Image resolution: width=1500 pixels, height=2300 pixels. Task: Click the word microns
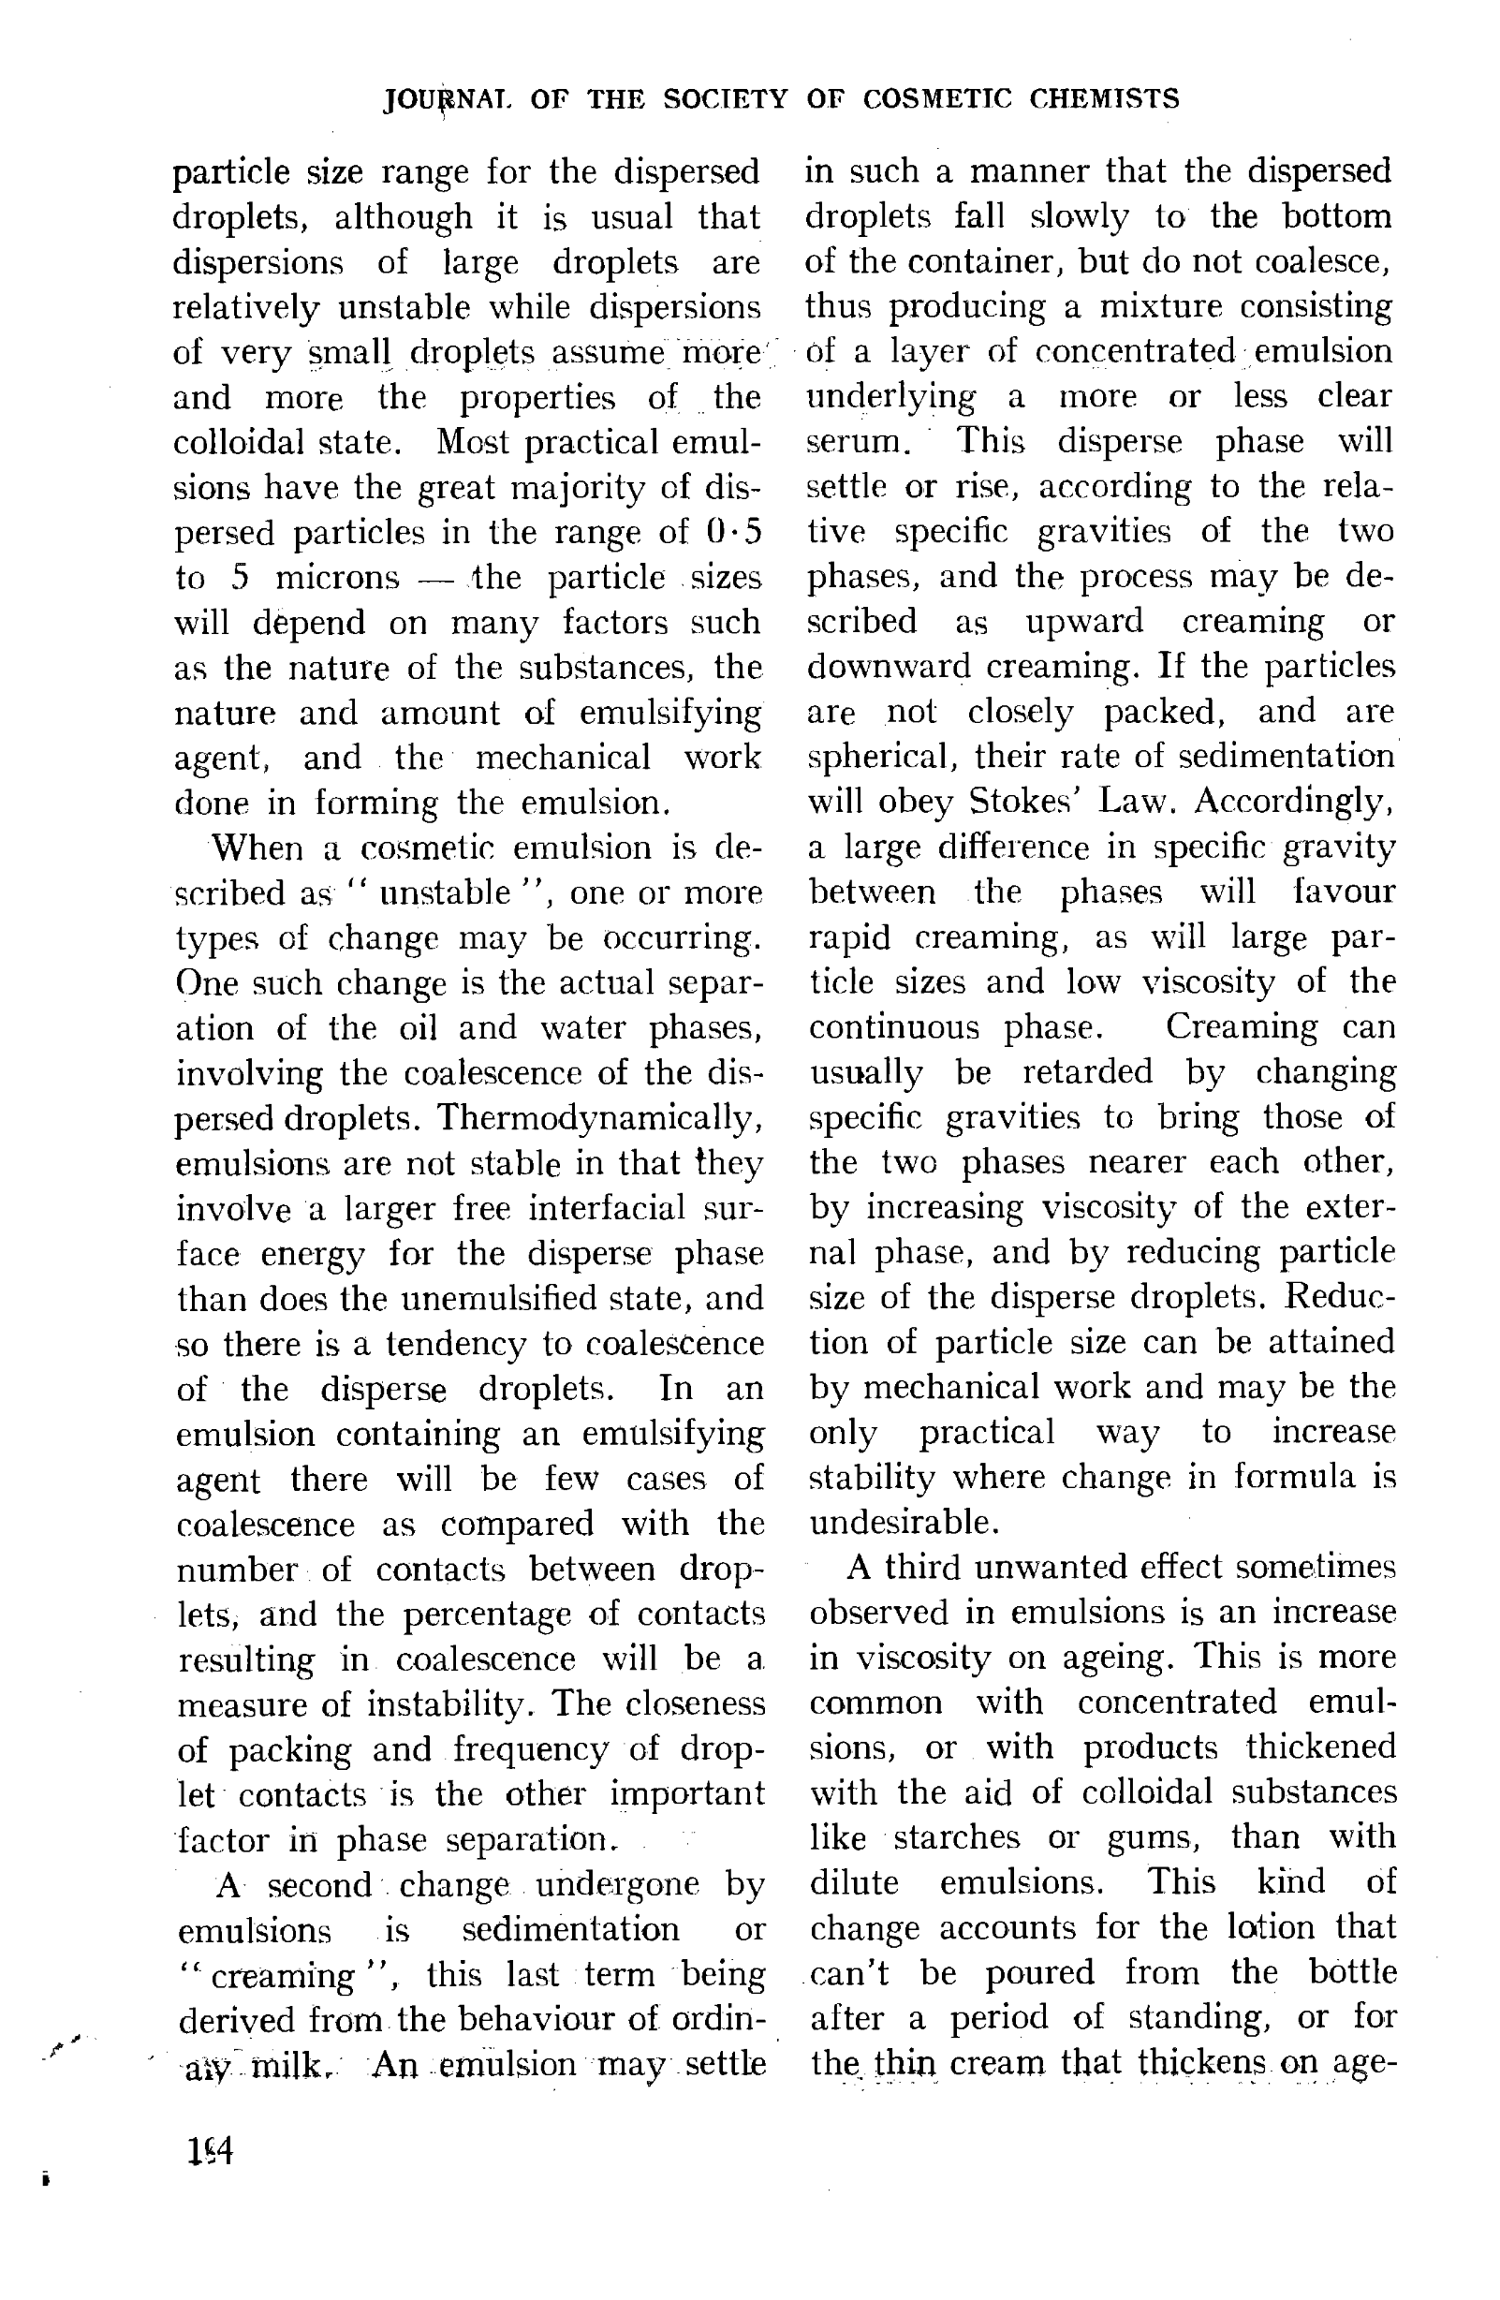pos(336,578)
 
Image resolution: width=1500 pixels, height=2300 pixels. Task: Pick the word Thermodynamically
pos(598,1118)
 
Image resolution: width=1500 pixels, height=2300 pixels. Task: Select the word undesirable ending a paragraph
pos(902,1522)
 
